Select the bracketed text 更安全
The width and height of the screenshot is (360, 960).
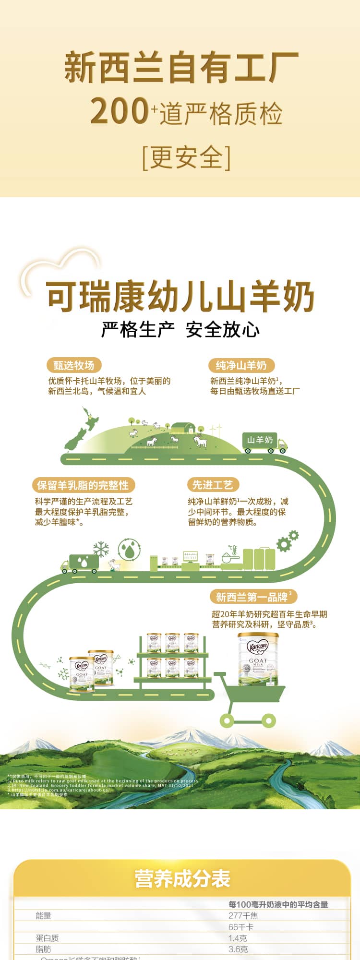pyautogui.click(x=186, y=157)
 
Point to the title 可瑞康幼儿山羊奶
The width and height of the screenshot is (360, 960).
pyautogui.click(x=180, y=297)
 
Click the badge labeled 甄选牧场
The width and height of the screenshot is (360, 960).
pyautogui.click(x=74, y=365)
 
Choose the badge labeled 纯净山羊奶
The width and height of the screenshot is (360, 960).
pyautogui.click(x=241, y=365)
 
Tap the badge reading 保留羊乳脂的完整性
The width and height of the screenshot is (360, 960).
pyautogui.click(x=83, y=485)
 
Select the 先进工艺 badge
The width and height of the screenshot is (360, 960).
pyautogui.click(x=212, y=485)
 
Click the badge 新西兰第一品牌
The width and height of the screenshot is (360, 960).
pyautogui.click(x=253, y=597)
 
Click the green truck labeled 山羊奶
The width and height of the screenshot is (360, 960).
pyautogui.click(x=264, y=442)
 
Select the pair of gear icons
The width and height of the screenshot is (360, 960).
pyautogui.click(x=287, y=541)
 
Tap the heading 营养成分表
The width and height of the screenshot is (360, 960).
pyautogui.click(x=182, y=878)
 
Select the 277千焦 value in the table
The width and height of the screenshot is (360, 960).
pyautogui.click(x=243, y=915)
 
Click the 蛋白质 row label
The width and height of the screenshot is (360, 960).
pyautogui.click(x=47, y=938)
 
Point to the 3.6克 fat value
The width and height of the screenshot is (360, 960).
pyautogui.click(x=238, y=949)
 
